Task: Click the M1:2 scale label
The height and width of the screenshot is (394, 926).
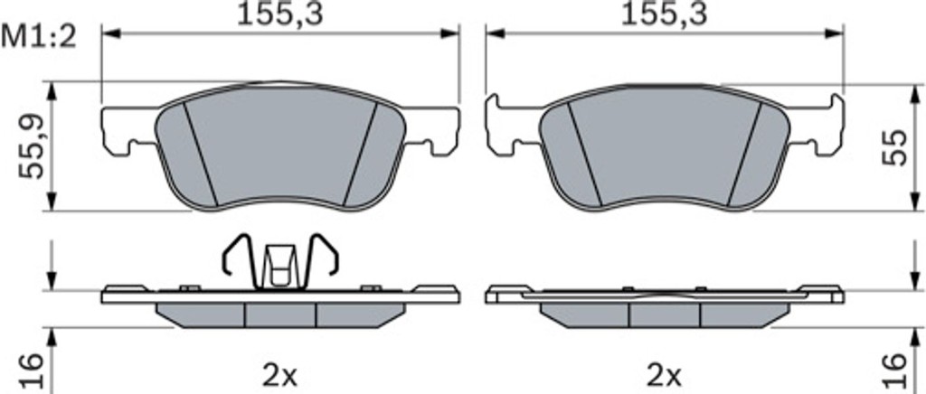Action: pos(40,38)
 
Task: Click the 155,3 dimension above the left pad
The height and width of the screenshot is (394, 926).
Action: pos(280,14)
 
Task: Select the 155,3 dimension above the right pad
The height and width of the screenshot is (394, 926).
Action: pos(664,14)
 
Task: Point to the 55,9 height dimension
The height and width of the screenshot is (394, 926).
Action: pos(32,146)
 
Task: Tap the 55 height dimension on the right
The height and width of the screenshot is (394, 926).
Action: pos(893,147)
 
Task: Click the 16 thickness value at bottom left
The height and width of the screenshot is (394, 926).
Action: pos(32,371)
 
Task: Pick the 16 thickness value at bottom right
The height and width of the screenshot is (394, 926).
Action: pos(893,371)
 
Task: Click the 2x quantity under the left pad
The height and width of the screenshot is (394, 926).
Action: pos(280,373)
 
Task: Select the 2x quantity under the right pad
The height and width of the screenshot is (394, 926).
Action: pos(665,373)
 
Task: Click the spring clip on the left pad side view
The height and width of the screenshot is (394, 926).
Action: pos(279,261)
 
